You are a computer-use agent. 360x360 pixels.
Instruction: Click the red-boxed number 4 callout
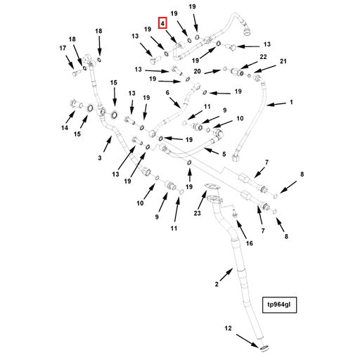point(162,23)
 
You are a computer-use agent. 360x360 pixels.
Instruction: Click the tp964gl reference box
point(279,305)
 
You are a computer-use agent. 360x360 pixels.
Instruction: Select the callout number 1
point(291,102)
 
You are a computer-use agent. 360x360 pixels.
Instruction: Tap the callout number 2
point(217,284)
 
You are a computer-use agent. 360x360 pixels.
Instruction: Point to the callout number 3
point(100,157)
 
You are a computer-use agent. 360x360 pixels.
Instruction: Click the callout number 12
point(228,328)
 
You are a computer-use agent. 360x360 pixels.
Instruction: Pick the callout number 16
point(250,243)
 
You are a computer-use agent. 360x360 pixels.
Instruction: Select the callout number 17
point(63,48)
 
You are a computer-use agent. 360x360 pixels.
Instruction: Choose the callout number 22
point(263,57)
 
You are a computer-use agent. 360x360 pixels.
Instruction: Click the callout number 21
point(283,61)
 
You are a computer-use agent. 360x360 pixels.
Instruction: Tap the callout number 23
point(198,213)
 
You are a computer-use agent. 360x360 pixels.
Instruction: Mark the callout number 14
point(65,128)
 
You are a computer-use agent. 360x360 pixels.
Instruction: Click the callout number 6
point(167,93)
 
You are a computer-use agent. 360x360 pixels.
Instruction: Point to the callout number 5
point(224,154)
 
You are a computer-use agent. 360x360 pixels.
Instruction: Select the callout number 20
point(197,71)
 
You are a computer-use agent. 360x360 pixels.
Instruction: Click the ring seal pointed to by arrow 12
point(264,347)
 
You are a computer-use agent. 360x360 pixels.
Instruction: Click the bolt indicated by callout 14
point(75,103)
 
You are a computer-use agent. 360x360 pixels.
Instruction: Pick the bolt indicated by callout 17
point(75,73)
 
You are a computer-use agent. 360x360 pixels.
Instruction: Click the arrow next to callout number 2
point(226,275)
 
